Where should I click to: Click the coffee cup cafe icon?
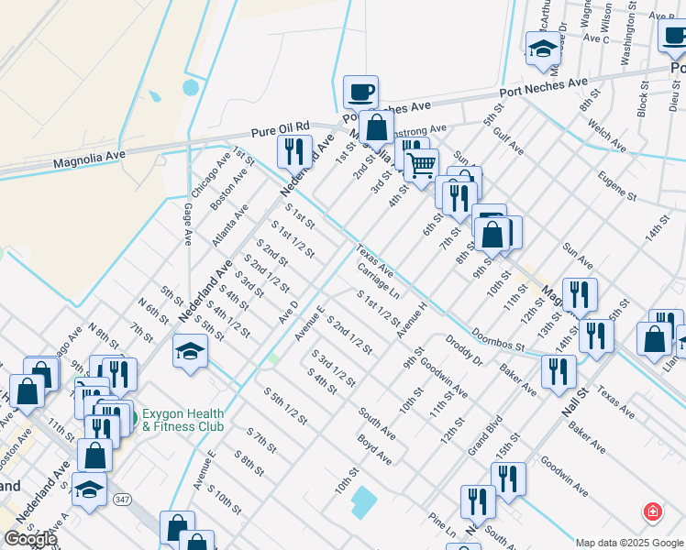coord(360,92)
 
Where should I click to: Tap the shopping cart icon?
coord(421,166)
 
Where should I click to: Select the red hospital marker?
coord(652,511)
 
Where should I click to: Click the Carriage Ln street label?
coord(379,281)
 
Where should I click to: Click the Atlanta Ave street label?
coord(229,225)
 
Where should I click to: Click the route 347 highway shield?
coord(122,500)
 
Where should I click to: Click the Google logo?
coord(29,539)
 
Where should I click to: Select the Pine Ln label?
coord(441,522)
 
